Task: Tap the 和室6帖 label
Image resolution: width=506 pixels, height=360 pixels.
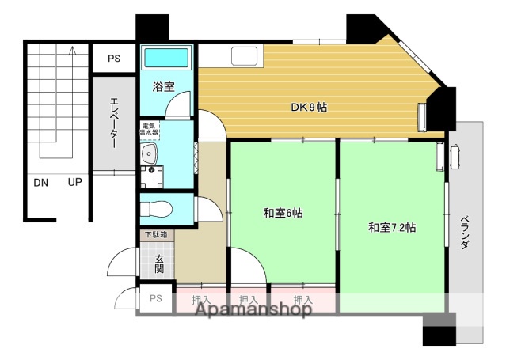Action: tap(282, 213)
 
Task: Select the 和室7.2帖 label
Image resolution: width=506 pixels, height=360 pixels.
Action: tap(392, 228)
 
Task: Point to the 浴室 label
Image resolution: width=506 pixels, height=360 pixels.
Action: tap(165, 86)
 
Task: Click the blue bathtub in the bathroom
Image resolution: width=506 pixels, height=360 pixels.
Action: tap(165, 59)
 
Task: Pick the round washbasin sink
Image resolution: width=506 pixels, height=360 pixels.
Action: tap(147, 153)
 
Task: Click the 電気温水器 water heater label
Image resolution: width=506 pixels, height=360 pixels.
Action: tap(150, 130)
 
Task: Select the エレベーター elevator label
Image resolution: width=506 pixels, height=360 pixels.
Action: tap(112, 123)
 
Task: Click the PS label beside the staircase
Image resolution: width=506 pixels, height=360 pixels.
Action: tap(114, 58)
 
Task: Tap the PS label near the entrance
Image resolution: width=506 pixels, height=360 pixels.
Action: tap(156, 298)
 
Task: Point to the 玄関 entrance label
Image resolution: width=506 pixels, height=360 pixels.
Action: tap(159, 263)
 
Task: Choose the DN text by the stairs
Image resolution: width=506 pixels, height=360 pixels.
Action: tap(41, 183)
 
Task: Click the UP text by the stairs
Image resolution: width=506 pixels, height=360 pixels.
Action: tap(74, 183)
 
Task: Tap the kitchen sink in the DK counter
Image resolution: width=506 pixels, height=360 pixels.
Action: tap(243, 57)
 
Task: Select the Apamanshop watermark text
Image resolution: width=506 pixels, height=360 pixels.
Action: tap(253, 310)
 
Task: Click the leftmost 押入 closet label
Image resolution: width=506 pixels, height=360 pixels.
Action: tap(202, 299)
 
